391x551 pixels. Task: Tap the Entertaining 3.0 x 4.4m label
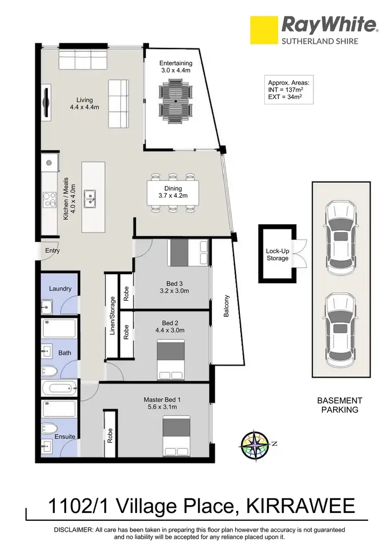pyautogui.click(x=176, y=67)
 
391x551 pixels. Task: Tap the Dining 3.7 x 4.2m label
pyautogui.click(x=173, y=192)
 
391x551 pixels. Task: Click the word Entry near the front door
pyautogui.click(x=53, y=251)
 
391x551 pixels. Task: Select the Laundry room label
pyautogui.click(x=60, y=289)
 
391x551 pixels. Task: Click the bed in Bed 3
pyautogui.click(x=188, y=252)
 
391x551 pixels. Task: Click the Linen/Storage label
pyautogui.click(x=112, y=315)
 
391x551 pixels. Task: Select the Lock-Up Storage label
pyautogui.click(x=277, y=254)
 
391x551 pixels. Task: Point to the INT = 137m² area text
pyautogui.click(x=288, y=89)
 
